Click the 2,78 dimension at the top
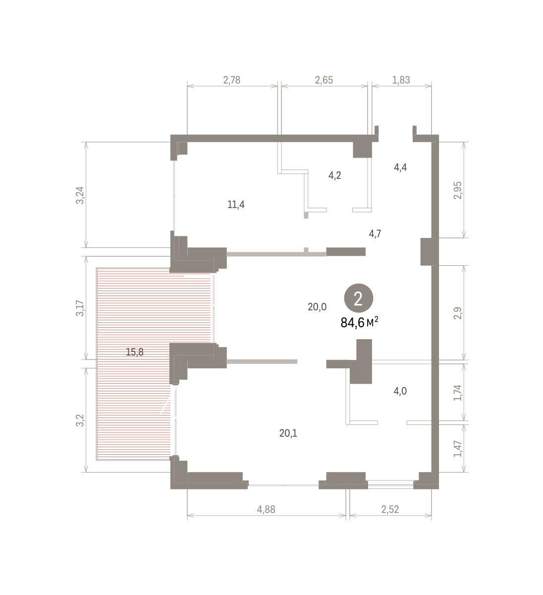tap(231, 80)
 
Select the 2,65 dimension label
tap(324, 80)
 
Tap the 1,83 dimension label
tap(401, 80)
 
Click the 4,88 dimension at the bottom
tap(267, 509)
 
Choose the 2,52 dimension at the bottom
tap(390, 509)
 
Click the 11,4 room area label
tap(236, 204)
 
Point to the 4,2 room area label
tap(335, 175)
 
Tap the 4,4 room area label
tap(400, 167)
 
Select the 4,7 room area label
tap(375, 233)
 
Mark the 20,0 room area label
tap(317, 307)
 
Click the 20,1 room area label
tap(288, 433)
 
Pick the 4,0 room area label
tap(400, 391)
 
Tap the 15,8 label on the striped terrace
tap(135, 352)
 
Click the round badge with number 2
tap(358, 298)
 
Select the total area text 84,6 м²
tap(360, 323)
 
